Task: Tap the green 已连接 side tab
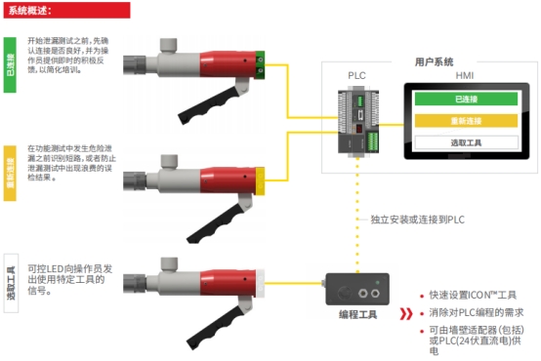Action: (x=11, y=66)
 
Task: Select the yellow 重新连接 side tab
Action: (x=11, y=173)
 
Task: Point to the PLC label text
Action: (x=358, y=75)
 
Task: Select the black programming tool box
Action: (x=358, y=289)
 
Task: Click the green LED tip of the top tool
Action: (x=262, y=65)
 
